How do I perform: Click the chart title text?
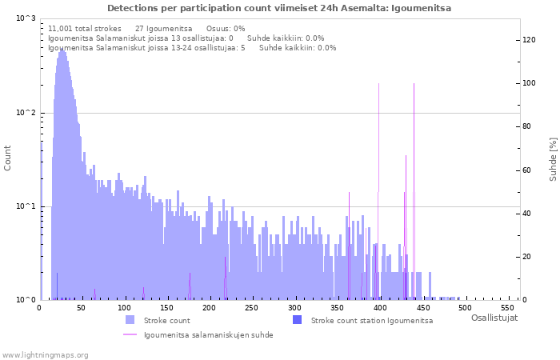click(x=279, y=8)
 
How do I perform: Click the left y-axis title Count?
click(x=8, y=158)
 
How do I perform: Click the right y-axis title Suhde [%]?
click(x=553, y=158)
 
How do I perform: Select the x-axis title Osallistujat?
click(x=494, y=318)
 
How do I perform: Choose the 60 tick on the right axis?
click(x=527, y=170)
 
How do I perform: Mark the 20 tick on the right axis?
click(x=527, y=257)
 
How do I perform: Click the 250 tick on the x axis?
click(x=209, y=307)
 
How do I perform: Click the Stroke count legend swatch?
click(x=130, y=320)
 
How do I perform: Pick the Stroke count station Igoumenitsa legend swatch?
click(x=297, y=320)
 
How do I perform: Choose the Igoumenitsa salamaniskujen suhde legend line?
click(x=130, y=335)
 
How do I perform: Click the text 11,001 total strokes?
click(x=84, y=28)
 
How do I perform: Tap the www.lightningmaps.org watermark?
click(x=46, y=354)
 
